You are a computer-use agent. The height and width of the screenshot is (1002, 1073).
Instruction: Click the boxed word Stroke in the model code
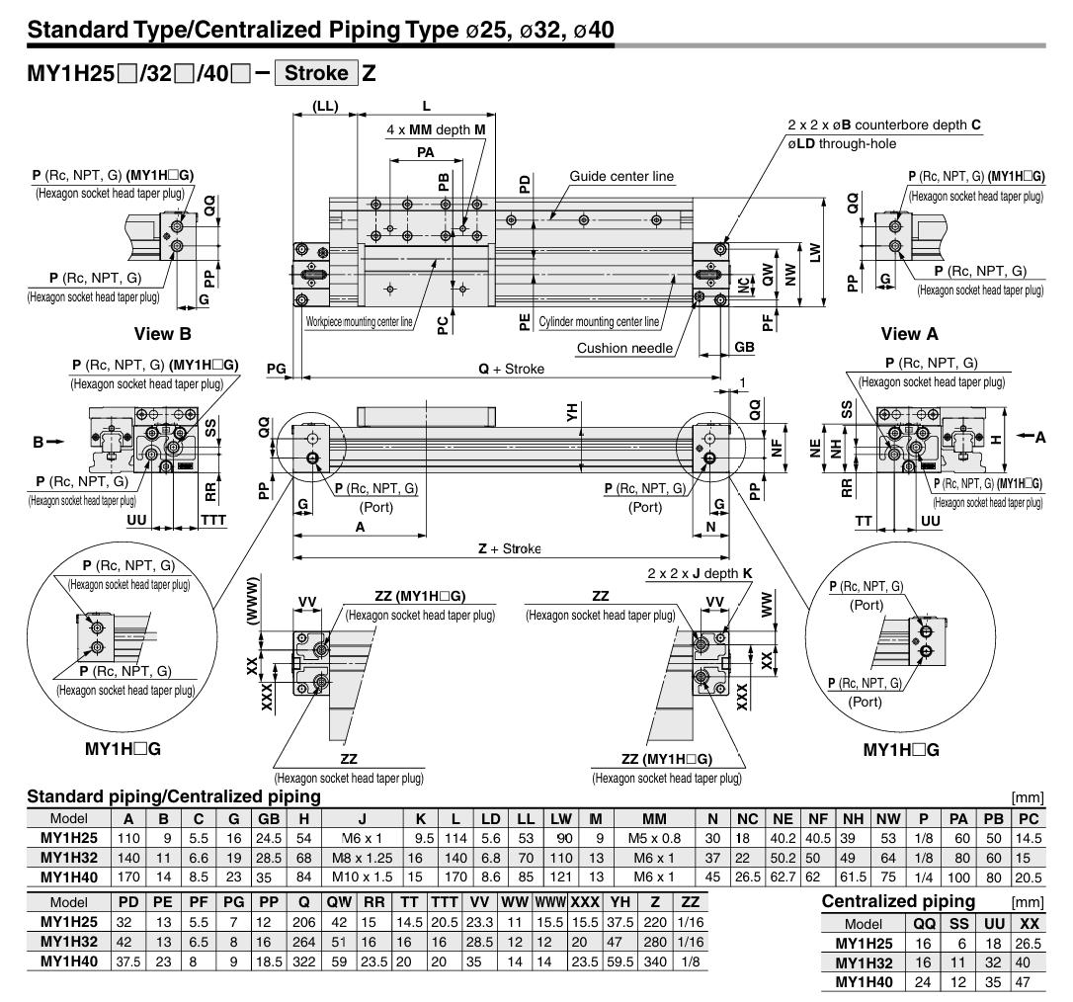(316, 72)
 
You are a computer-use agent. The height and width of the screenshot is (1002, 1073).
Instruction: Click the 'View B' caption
(163, 334)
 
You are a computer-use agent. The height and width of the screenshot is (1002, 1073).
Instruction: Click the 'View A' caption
(909, 334)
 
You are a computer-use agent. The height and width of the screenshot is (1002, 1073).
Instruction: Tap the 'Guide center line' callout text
(621, 176)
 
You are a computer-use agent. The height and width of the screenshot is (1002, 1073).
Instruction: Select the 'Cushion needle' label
(624, 348)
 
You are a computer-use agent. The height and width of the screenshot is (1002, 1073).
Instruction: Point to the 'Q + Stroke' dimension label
(511, 369)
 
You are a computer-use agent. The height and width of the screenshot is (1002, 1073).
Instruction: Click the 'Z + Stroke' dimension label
(509, 548)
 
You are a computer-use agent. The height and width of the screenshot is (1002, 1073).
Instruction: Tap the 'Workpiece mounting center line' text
(360, 322)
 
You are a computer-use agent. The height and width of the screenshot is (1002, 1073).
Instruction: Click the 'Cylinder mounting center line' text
(599, 322)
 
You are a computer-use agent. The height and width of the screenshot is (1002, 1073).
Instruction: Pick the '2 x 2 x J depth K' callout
(700, 573)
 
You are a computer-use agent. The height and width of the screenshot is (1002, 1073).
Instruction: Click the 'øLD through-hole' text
(842, 143)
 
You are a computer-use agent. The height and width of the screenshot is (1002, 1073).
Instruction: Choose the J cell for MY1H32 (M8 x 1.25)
(362, 858)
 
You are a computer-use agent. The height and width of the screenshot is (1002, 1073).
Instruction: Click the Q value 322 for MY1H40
(304, 961)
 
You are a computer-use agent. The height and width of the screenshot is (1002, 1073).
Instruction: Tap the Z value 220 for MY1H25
(655, 922)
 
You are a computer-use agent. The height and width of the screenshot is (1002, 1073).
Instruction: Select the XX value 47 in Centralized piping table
(1023, 982)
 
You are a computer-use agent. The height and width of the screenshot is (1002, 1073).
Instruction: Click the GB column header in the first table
(269, 818)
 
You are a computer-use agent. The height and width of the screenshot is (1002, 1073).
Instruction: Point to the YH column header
(619, 902)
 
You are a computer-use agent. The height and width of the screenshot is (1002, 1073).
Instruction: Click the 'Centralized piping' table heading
(898, 901)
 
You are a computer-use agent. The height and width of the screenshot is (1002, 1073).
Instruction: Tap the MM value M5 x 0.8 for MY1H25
(654, 838)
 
